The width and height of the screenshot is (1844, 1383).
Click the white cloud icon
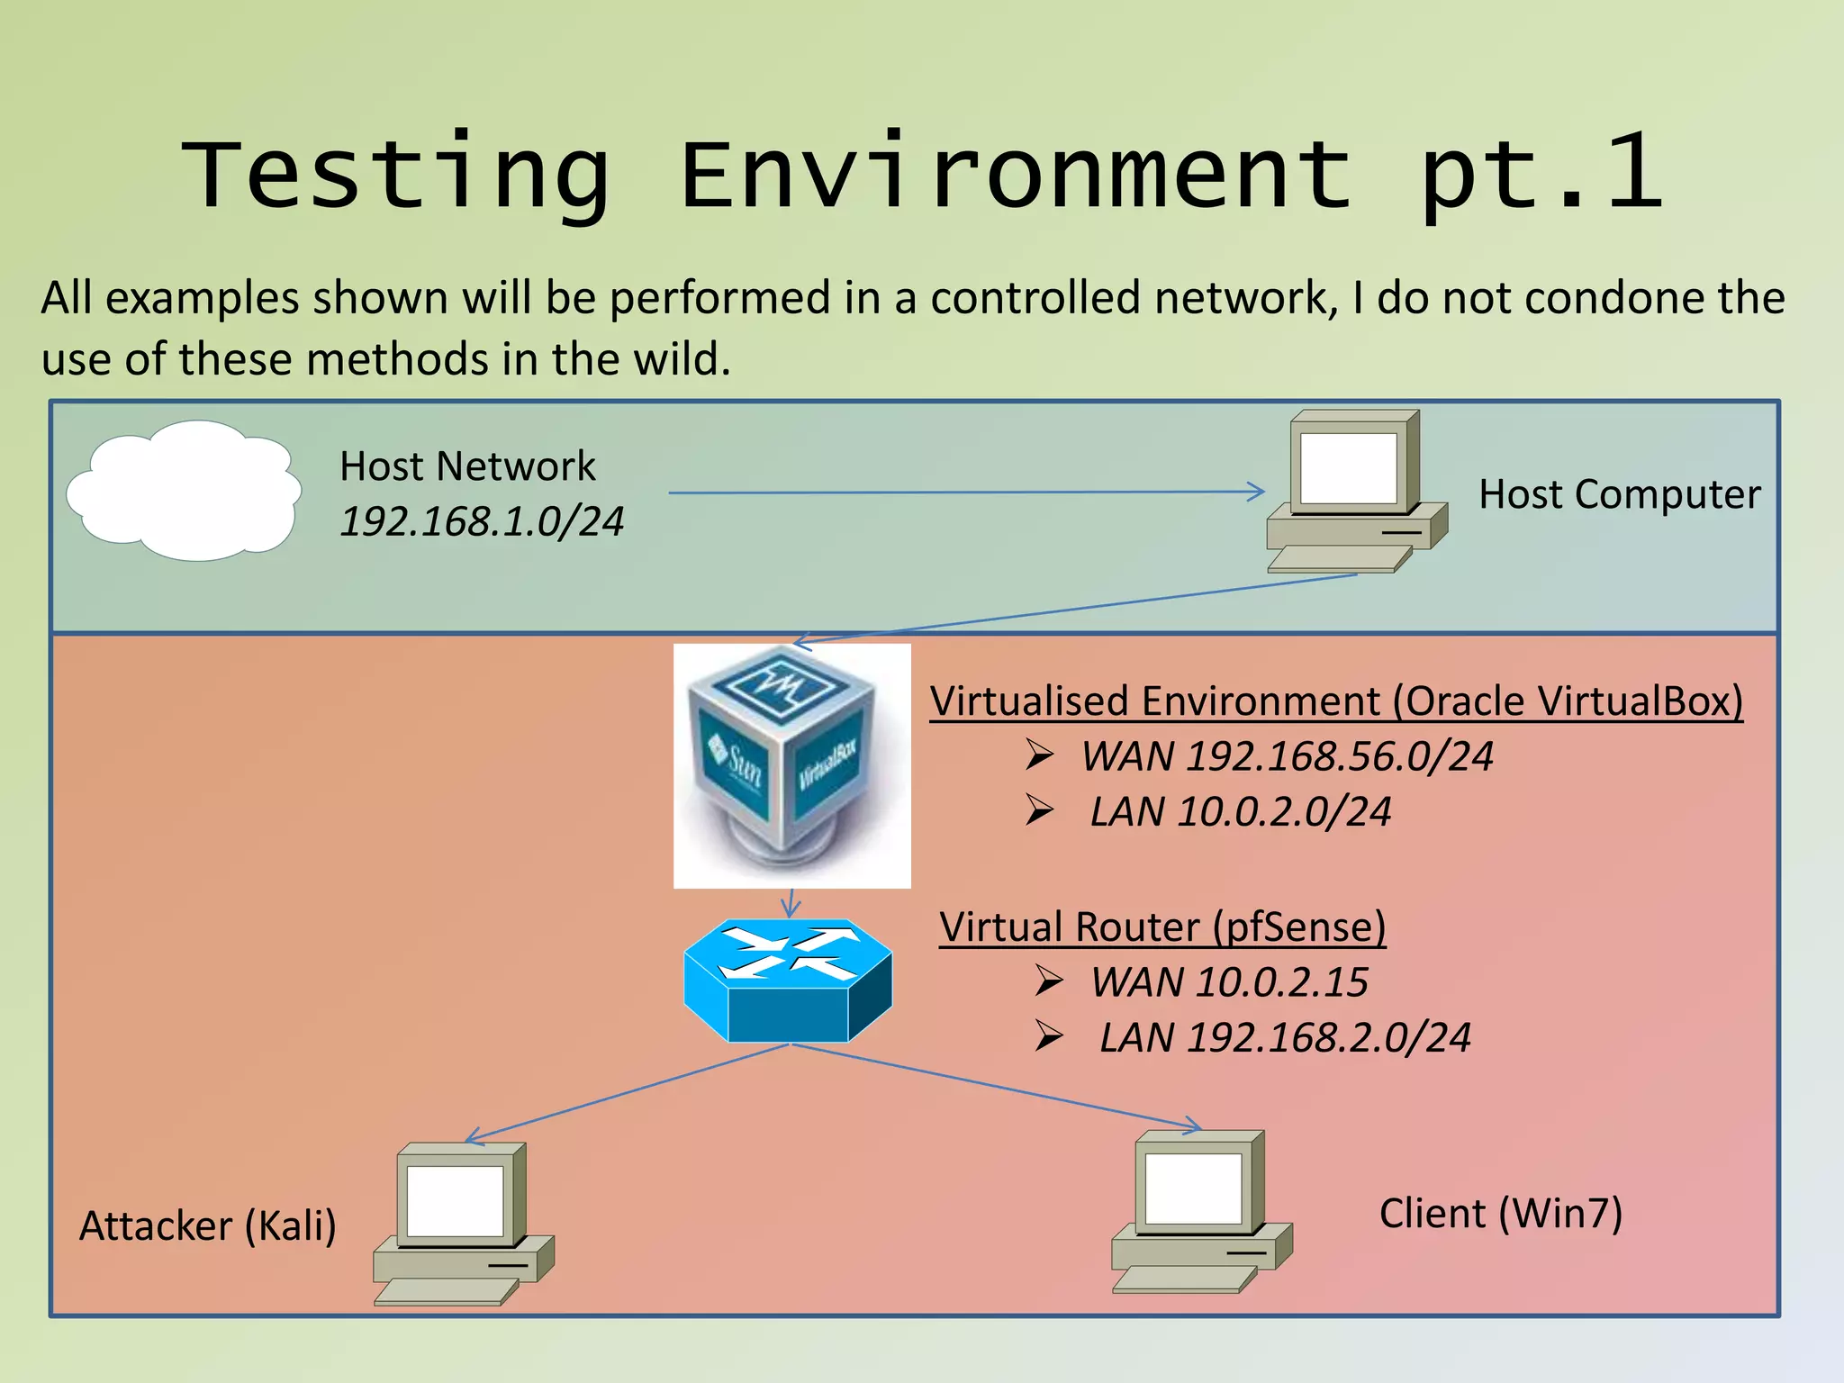coord(185,491)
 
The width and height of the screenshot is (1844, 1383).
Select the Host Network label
coord(466,466)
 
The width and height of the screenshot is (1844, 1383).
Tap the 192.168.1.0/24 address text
coord(481,522)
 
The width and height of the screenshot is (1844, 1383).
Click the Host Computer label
coord(1619,494)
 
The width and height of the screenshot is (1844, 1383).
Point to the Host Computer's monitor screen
coord(1348,468)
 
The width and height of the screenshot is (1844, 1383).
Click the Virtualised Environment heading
coord(1336,701)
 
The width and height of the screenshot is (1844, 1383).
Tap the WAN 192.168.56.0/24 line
coord(1287,756)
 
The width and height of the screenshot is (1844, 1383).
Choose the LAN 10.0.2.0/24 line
coord(1240,812)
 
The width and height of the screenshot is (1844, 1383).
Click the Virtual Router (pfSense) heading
coord(1162,927)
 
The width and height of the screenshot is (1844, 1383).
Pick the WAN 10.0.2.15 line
coord(1229,982)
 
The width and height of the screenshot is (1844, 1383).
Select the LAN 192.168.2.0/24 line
coord(1285,1038)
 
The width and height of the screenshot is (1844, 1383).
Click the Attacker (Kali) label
coord(208,1226)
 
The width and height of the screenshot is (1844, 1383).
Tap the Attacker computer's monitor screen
coord(455,1201)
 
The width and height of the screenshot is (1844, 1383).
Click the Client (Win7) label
coord(1501,1214)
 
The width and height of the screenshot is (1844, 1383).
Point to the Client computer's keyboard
coord(1183,1279)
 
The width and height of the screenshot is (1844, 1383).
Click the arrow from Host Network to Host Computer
coord(963,493)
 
